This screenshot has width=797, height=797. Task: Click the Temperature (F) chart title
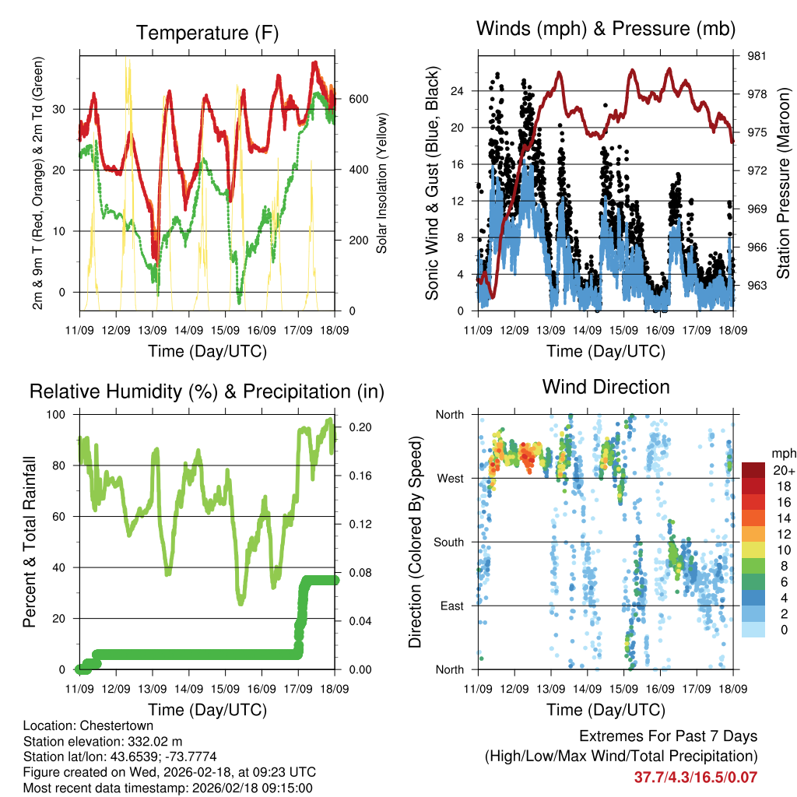(x=207, y=33)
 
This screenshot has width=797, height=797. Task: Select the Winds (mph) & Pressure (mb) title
(x=606, y=29)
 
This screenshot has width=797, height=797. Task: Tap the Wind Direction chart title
(x=606, y=386)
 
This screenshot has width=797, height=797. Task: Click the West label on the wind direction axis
(x=450, y=478)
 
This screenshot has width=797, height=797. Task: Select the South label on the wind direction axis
(x=448, y=542)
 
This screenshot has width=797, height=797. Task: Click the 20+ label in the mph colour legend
(x=779, y=470)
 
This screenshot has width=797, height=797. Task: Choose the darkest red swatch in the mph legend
(x=753, y=469)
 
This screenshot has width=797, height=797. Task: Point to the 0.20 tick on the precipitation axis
(x=359, y=427)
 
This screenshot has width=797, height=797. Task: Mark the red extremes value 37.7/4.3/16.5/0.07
(x=697, y=777)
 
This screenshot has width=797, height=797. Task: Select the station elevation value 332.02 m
(x=149, y=741)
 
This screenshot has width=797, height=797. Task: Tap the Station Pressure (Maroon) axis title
(x=784, y=183)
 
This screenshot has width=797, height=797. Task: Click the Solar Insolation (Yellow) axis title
(x=382, y=183)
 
